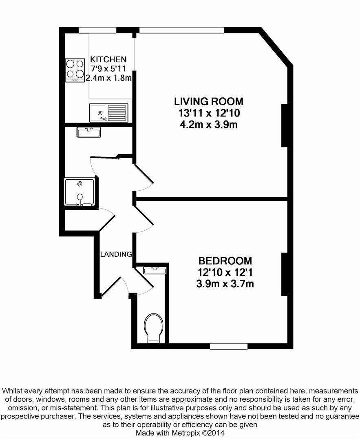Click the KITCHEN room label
point(108,59)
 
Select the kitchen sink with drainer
point(108,112)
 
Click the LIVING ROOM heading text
point(208,101)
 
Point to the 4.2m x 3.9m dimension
point(208,124)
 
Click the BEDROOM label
point(225,261)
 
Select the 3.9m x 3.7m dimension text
point(225,284)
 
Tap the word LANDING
point(116,254)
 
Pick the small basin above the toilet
point(155,270)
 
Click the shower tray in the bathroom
point(80,191)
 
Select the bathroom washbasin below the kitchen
point(88,132)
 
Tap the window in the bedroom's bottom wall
point(228,346)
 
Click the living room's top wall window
point(181,30)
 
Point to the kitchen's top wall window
point(97,30)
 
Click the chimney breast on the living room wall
point(285,125)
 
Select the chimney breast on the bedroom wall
point(285,274)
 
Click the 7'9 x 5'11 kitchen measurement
point(108,69)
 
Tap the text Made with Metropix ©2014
point(180,433)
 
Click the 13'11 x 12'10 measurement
point(208,113)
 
